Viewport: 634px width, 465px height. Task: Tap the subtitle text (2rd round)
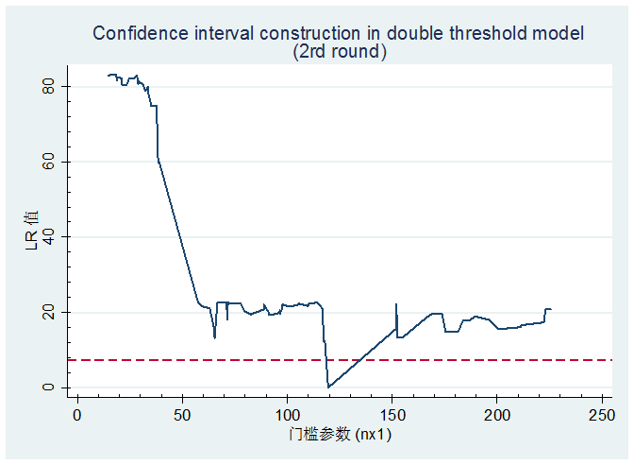click(341, 53)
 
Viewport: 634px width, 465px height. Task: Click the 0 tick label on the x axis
click(77, 416)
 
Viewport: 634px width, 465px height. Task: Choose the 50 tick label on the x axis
click(182, 416)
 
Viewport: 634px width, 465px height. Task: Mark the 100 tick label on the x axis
click(287, 416)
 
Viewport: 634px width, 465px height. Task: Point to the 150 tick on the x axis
click(392, 416)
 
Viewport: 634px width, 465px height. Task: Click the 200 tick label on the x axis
click(497, 416)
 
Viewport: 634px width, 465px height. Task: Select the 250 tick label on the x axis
click(602, 416)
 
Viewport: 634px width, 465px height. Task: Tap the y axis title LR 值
click(32, 237)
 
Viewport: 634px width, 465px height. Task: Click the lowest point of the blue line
click(328, 386)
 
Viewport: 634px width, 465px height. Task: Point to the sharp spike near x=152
click(396, 305)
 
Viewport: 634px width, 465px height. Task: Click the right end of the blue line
click(551, 309)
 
